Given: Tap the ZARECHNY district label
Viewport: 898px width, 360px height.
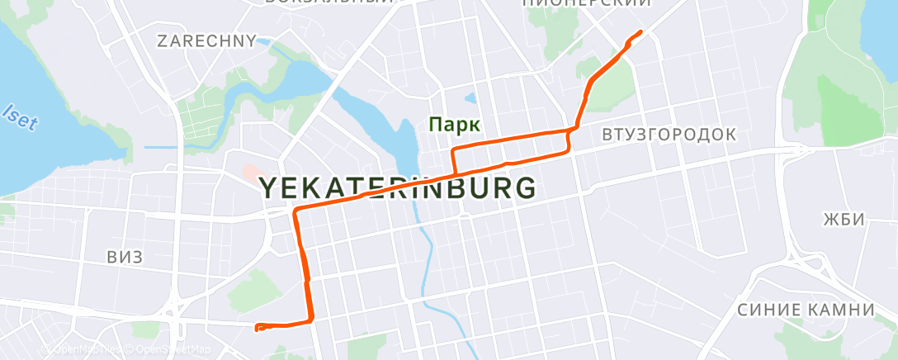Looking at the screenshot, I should coord(206,40).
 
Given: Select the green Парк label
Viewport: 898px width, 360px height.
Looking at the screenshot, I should coord(454,125).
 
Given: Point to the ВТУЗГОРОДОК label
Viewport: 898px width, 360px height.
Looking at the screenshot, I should coord(669,134).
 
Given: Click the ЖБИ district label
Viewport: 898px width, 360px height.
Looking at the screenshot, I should coord(843,220).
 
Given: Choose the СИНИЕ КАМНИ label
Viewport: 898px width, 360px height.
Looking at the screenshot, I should coord(805,310).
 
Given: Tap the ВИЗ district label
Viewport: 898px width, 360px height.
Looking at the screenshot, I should coord(125,258).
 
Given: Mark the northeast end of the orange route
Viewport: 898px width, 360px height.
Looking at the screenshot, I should coord(641,32).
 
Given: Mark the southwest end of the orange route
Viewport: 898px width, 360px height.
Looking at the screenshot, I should coord(258,328).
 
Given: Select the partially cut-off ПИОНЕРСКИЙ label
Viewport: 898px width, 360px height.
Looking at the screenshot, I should coord(587,3).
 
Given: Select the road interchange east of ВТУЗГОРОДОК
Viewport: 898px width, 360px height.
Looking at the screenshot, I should coord(799,149).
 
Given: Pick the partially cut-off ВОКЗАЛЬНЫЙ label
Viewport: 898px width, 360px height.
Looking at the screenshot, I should coord(328,2).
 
